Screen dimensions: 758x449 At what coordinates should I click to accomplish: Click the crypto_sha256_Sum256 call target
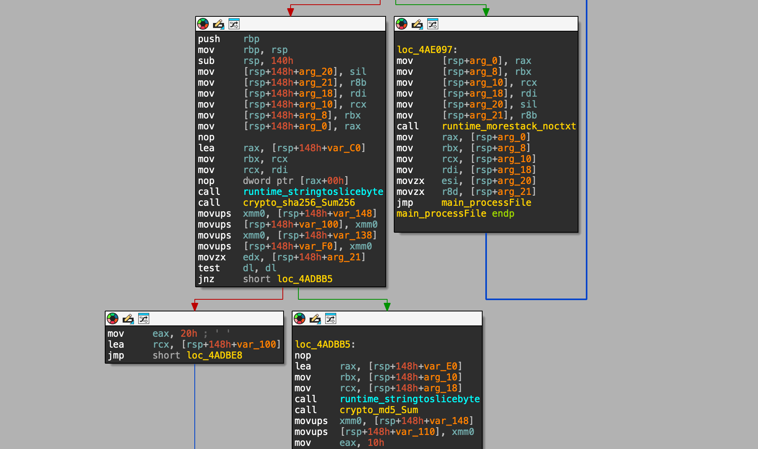click(299, 203)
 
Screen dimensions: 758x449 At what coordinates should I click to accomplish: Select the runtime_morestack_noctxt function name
click(509, 126)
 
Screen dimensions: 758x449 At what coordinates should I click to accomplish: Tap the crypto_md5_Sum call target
click(379, 410)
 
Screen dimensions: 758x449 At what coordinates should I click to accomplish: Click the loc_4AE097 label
click(425, 50)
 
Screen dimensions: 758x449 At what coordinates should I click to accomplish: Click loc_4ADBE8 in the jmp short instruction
click(214, 355)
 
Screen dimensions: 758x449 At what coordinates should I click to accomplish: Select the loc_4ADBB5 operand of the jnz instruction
click(305, 279)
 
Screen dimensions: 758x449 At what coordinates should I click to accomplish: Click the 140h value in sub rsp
click(282, 61)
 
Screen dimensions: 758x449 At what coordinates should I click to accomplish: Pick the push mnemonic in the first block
click(209, 39)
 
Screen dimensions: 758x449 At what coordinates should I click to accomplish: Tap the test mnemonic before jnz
click(209, 268)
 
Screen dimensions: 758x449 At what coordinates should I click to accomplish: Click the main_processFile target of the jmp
click(486, 203)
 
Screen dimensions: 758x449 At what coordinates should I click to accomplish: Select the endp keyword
click(503, 214)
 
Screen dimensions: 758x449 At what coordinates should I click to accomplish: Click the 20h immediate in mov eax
click(189, 334)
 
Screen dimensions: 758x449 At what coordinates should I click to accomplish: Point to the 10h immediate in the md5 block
click(375, 443)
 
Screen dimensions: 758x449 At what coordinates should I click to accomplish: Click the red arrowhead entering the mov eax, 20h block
click(195, 306)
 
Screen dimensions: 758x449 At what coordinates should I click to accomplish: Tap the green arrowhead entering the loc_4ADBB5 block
click(387, 306)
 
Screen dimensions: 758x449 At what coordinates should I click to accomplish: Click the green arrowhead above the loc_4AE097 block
click(486, 12)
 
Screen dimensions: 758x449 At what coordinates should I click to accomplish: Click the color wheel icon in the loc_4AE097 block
click(402, 24)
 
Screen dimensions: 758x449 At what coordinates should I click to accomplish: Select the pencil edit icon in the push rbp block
click(219, 24)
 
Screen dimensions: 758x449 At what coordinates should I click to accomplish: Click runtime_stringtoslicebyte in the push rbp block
click(313, 192)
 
